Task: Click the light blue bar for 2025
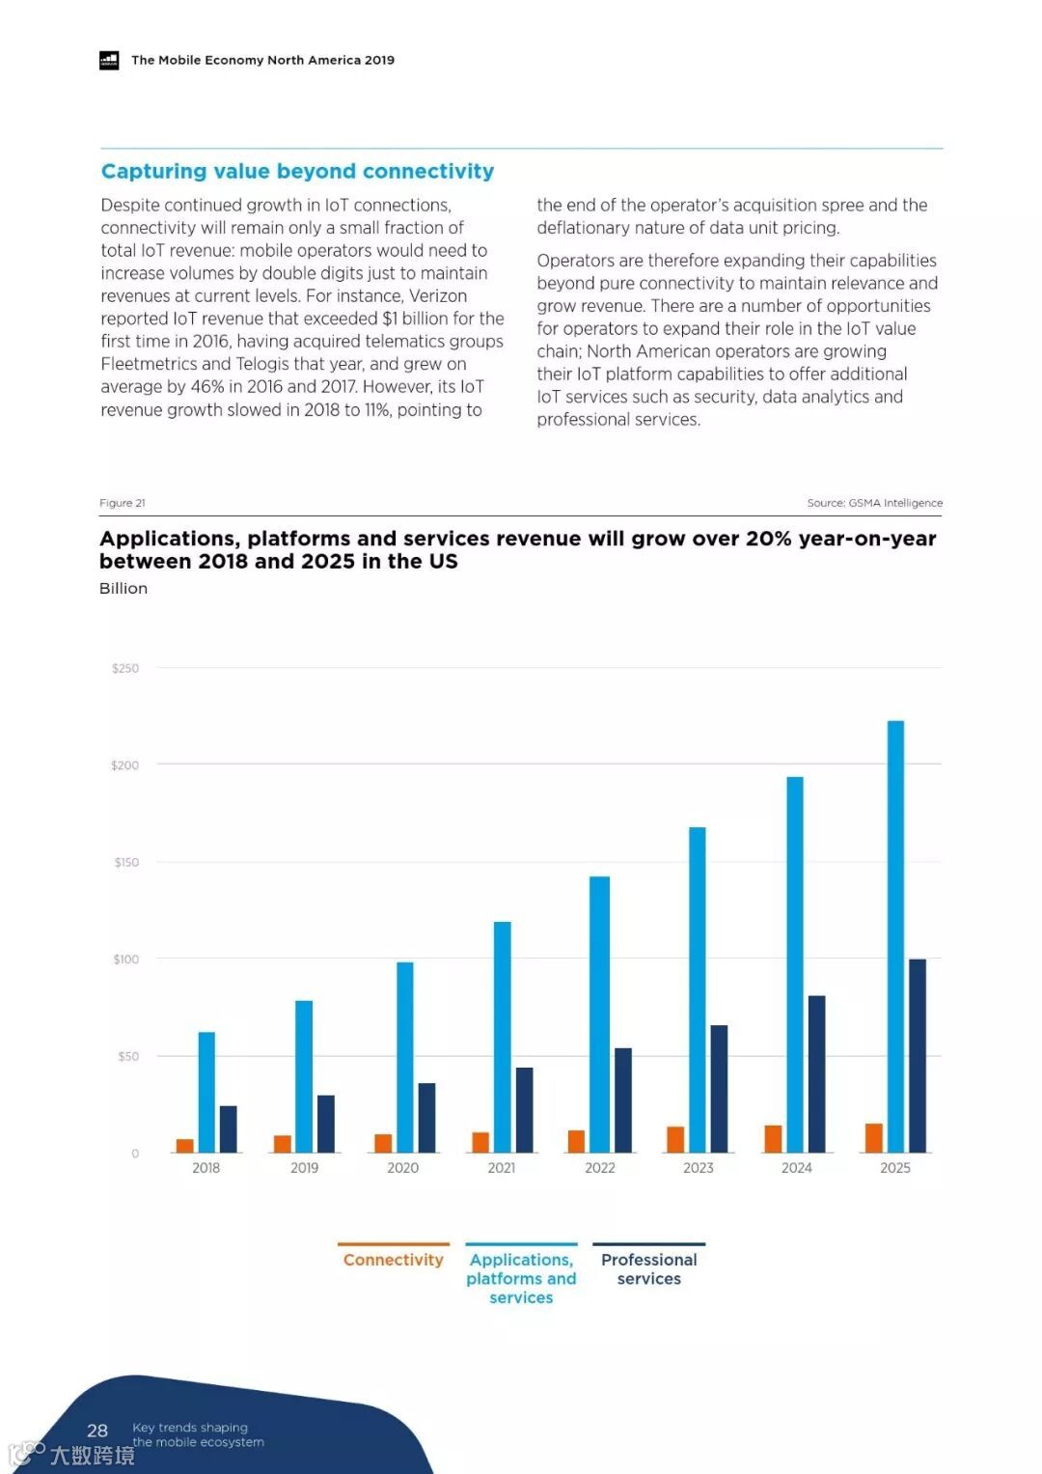click(x=895, y=935)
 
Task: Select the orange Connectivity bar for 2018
click(x=184, y=1146)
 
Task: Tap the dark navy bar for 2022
click(x=623, y=1099)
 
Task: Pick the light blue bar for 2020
click(x=405, y=1057)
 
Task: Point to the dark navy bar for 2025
click(x=917, y=1055)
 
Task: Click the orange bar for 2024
click(x=773, y=1138)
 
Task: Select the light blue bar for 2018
click(x=206, y=1092)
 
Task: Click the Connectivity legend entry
click(x=393, y=1260)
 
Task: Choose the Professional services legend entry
click(x=648, y=1268)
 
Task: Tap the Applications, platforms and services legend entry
click(x=521, y=1278)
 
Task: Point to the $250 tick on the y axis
click(x=125, y=668)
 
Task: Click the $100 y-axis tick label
click(x=125, y=959)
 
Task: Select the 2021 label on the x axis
click(x=502, y=1168)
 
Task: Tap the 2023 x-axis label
click(x=699, y=1168)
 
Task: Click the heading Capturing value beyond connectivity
click(x=297, y=172)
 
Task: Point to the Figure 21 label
click(x=123, y=503)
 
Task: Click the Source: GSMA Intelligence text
click(x=874, y=503)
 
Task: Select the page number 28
click(x=97, y=1431)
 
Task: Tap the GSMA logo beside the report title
click(x=109, y=60)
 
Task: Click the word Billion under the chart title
click(x=123, y=589)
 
